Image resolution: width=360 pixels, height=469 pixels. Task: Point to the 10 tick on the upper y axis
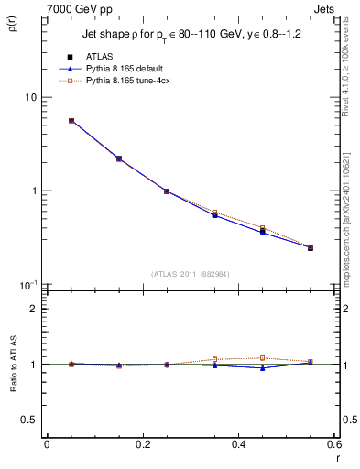coord(30,97)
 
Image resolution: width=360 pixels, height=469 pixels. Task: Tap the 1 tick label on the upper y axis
coord(33,191)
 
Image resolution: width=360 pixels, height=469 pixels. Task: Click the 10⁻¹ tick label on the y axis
coord(28,284)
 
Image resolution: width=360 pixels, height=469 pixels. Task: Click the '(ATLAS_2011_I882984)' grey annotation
coord(191,274)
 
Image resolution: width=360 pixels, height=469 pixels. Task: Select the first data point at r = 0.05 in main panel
coord(71,120)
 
